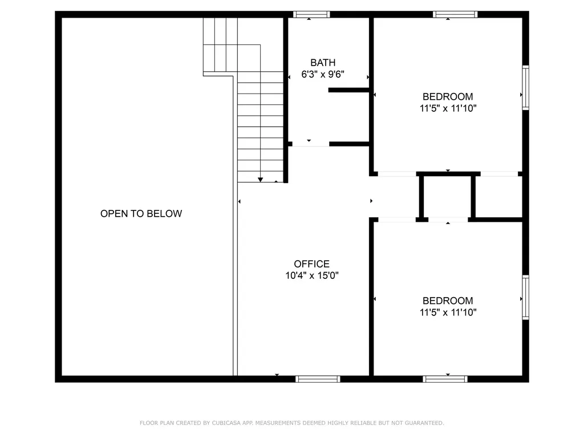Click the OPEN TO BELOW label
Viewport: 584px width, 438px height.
click(x=141, y=214)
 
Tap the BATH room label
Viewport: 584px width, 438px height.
click(x=323, y=63)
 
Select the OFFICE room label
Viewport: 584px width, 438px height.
click(x=311, y=264)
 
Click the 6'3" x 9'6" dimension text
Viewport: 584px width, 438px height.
click(x=323, y=74)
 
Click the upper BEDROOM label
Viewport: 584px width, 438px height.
click(x=448, y=96)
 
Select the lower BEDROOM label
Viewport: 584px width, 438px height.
click(x=448, y=301)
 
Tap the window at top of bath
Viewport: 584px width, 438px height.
click(x=311, y=14)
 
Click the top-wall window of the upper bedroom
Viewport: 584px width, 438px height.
click(x=455, y=14)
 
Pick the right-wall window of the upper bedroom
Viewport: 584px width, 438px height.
click(x=525, y=87)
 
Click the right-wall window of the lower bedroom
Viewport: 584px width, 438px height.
click(x=525, y=297)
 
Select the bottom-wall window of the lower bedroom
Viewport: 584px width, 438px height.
click(x=445, y=379)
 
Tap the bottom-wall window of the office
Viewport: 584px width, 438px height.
click(x=318, y=379)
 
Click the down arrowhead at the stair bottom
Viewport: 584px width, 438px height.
click(x=261, y=180)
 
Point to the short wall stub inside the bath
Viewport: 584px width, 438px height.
click(x=348, y=90)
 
